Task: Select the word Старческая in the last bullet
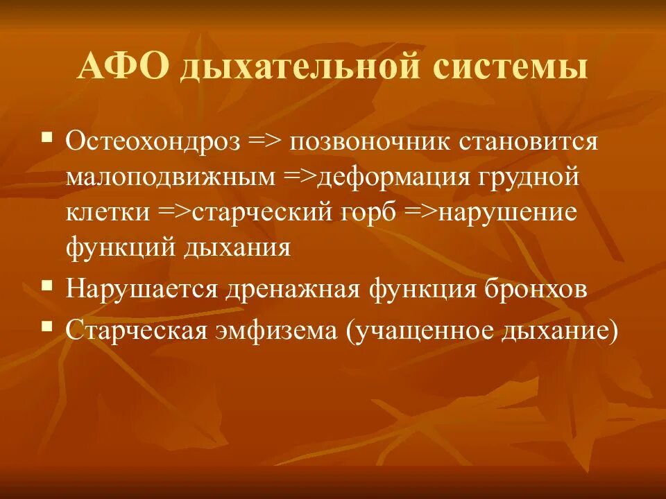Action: [137, 331]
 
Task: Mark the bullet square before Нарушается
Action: [47, 283]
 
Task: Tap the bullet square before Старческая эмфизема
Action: [47, 324]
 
